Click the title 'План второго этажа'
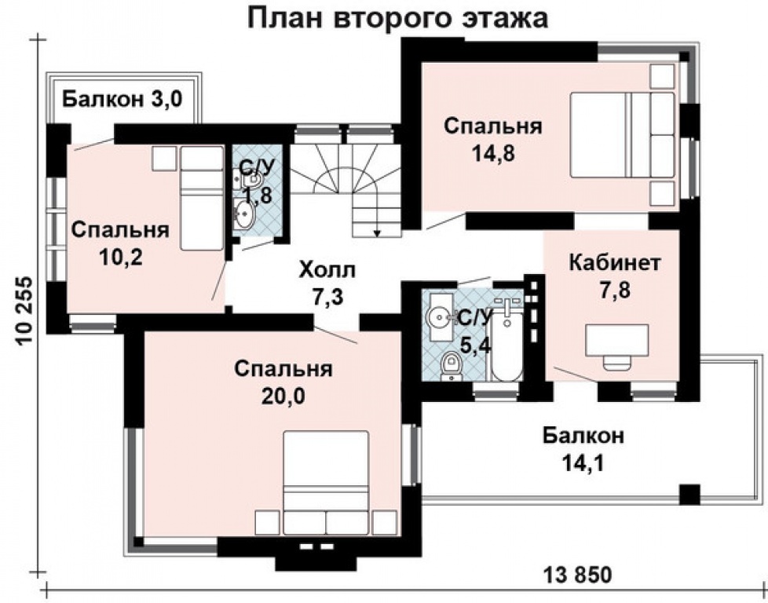pos(398,17)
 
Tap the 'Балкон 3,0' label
pos(123,99)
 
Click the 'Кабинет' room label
pos(614,261)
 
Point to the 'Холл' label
pos(327,271)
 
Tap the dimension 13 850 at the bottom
pos(576,575)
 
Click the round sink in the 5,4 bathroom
pos(439,316)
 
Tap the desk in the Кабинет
pos(617,344)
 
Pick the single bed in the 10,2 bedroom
pos(202,197)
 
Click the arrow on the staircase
pos(377,231)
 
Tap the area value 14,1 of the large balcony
pos(582,463)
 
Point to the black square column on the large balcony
pos(689,495)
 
